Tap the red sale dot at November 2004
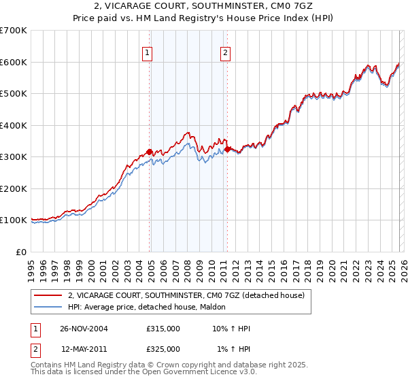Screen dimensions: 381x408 (x=150, y=152)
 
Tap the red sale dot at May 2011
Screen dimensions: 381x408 (x=226, y=148)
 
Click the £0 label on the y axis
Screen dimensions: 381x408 (x=20, y=252)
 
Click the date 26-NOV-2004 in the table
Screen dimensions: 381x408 (x=84, y=329)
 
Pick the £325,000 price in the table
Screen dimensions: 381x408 (x=163, y=349)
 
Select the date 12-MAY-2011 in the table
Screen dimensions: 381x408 (x=84, y=349)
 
